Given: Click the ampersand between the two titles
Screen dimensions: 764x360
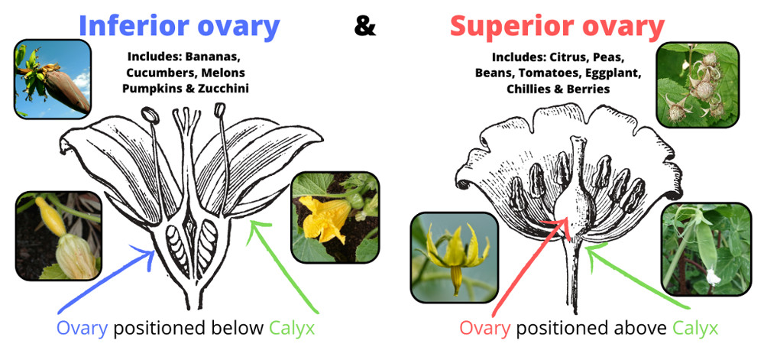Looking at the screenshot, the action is pyautogui.click(x=365, y=28).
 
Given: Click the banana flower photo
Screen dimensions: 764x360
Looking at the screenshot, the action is pyautogui.click(x=52, y=79).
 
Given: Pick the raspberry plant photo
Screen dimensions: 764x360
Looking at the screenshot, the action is pyautogui.click(x=698, y=85).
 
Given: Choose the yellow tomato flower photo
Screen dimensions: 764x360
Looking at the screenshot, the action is pyautogui.click(x=454, y=258).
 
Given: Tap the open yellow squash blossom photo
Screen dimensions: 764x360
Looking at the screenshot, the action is pyautogui.click(x=335, y=217).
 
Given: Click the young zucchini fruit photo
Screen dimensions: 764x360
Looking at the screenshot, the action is pyautogui.click(x=59, y=235).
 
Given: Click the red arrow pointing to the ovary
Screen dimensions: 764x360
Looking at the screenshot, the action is pyautogui.click(x=529, y=267).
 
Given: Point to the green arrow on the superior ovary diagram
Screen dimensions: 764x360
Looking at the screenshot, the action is pyautogui.click(x=636, y=276).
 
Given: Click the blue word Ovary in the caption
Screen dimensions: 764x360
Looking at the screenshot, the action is pyautogui.click(x=82, y=329).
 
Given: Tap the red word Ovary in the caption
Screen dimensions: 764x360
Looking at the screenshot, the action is pyautogui.click(x=485, y=329).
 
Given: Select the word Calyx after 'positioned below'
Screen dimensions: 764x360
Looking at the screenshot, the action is pyautogui.click(x=292, y=329).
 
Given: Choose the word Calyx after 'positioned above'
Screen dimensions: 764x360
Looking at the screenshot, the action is pyautogui.click(x=695, y=329).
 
